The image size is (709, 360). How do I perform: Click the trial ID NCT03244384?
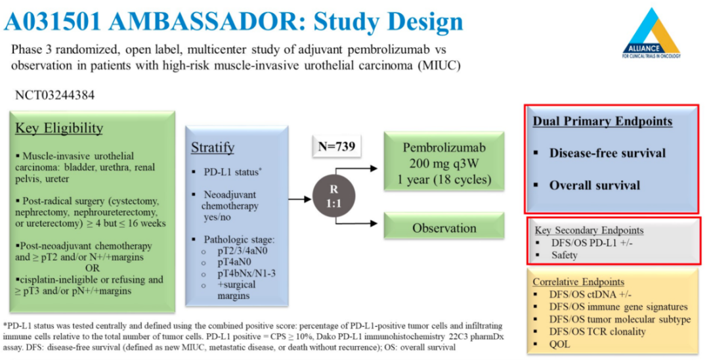[x=54, y=95]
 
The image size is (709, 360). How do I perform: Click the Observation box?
[x=444, y=229]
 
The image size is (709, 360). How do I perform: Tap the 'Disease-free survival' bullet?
[x=607, y=153]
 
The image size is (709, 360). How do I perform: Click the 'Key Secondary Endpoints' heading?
[x=588, y=231]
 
